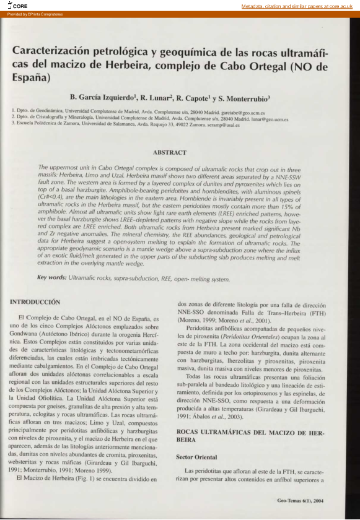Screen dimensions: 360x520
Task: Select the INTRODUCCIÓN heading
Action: [35, 302]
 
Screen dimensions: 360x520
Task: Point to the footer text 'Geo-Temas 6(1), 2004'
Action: [300, 498]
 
